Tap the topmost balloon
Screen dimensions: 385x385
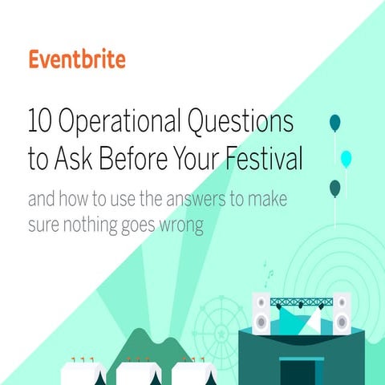[334, 123]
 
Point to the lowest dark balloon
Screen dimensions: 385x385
[334, 188]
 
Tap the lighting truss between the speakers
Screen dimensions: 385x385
[301, 302]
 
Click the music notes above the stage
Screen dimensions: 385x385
[268, 277]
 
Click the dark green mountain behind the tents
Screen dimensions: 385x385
[133, 337]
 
